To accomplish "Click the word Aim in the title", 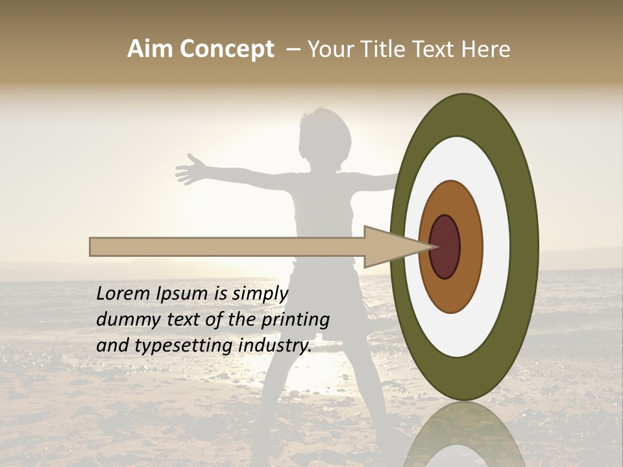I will click(x=151, y=49).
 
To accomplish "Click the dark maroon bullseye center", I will click(x=445, y=247).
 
